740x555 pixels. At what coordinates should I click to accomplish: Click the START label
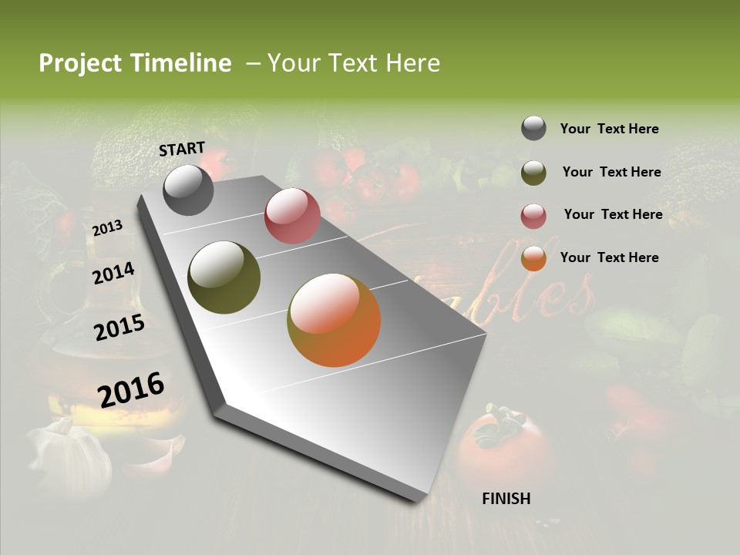point(182,149)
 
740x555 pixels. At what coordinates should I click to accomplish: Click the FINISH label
point(506,499)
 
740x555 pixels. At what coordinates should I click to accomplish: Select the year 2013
point(108,227)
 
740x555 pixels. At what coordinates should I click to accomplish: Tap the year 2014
point(113,273)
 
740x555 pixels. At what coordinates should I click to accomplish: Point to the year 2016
point(131,389)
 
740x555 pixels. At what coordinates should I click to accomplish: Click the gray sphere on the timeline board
point(188,190)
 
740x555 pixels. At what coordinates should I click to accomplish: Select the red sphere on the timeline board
point(292,216)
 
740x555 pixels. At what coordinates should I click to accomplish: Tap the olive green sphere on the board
point(224,277)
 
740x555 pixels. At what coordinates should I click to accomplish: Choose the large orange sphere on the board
point(334,320)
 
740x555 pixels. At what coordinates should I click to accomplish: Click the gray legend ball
point(533,129)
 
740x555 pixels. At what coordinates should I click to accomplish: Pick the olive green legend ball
point(533,173)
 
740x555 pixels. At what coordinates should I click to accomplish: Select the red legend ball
point(533,216)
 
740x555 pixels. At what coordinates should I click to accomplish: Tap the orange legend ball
point(533,259)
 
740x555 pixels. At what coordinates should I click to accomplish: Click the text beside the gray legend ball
point(609,129)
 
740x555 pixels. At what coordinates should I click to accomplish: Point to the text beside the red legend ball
point(613,214)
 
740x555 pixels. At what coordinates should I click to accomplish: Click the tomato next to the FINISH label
point(501,447)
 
